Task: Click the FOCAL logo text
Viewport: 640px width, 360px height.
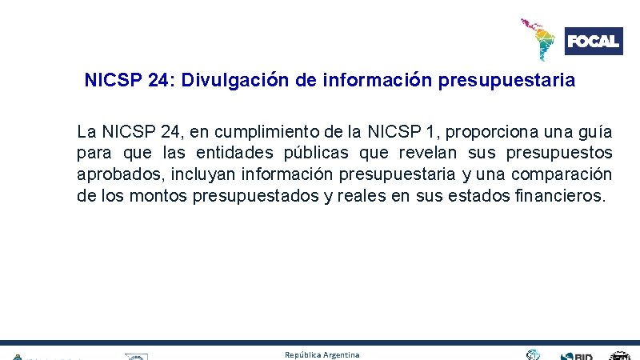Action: (593, 41)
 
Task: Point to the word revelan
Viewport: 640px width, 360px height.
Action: (430, 153)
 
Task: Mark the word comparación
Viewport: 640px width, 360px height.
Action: (562, 174)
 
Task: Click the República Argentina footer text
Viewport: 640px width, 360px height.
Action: (322, 354)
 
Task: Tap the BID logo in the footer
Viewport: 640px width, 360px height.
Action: (578, 356)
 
